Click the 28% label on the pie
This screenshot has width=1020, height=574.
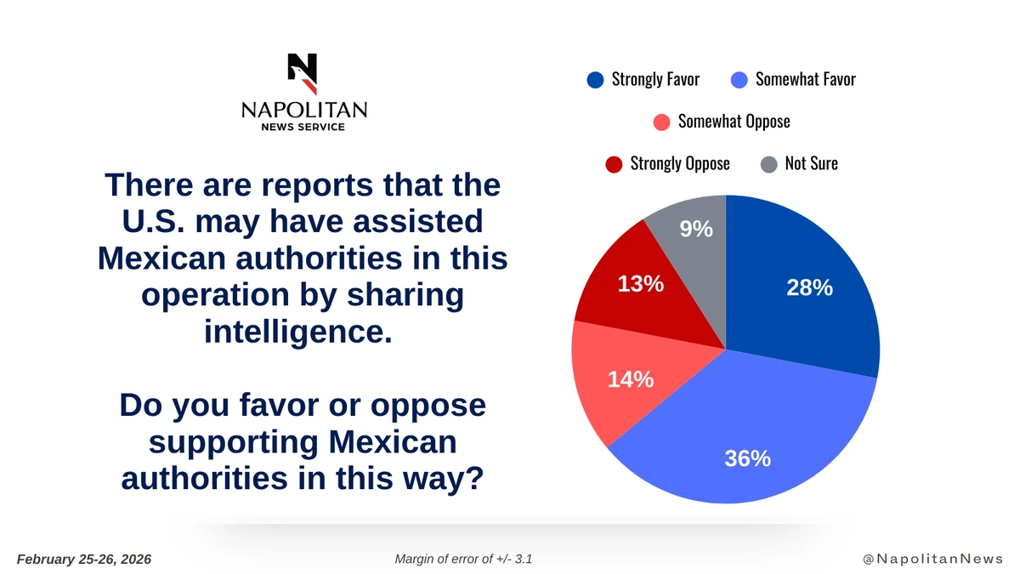[809, 288]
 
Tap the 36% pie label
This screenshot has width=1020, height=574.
[747, 459]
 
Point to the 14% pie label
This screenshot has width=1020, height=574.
[630, 379]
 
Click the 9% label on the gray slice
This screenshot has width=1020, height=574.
[696, 229]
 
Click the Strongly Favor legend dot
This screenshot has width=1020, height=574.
[595, 80]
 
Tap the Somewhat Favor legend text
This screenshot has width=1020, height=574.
[805, 80]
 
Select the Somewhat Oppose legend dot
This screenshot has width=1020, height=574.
[661, 122]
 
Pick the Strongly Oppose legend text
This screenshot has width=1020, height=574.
[679, 163]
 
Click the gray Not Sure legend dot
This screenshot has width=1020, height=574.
[768, 163]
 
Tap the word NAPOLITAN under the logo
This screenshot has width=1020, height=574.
[303, 110]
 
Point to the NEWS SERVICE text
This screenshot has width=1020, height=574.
[303, 127]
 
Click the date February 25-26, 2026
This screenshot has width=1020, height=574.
[84, 559]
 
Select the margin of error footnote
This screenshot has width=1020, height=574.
[464, 559]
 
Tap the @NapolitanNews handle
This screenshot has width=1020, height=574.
[932, 559]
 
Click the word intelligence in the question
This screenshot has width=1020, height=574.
[298, 329]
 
